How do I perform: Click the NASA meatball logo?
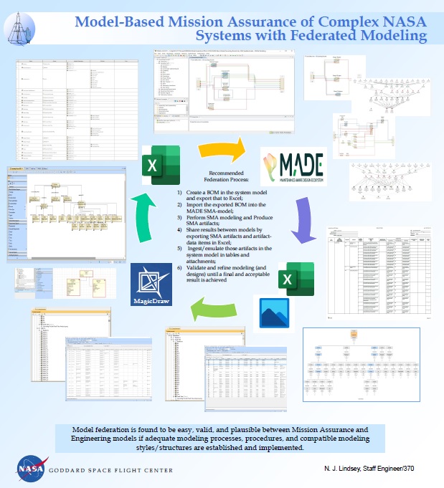click(27, 468)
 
